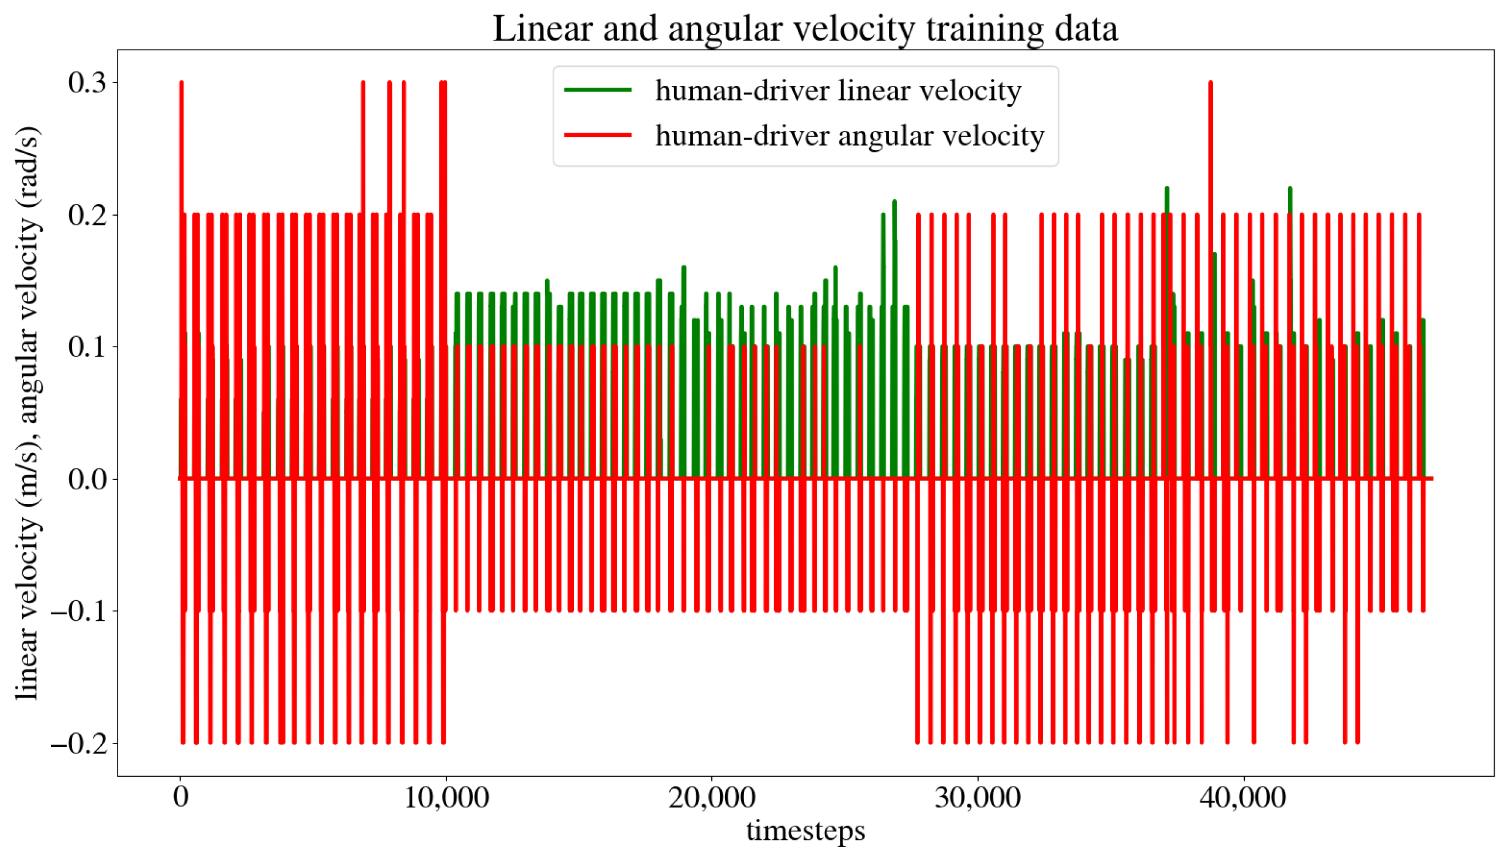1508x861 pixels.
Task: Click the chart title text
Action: [804, 28]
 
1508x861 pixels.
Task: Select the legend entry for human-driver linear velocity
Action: [838, 91]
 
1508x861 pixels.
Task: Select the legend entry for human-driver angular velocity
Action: [849, 136]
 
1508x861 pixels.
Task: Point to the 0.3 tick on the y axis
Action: [87, 82]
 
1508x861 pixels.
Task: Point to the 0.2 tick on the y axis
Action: [87, 215]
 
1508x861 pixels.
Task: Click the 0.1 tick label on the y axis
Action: [87, 347]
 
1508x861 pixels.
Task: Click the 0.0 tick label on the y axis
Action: [87, 478]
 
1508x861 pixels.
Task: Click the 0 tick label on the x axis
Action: [180, 798]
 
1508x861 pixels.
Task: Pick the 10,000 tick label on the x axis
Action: [446, 798]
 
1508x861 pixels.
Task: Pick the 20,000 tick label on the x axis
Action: [712, 798]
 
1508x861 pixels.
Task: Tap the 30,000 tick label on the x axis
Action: [977, 798]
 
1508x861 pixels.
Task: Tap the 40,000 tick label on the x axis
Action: [1242, 798]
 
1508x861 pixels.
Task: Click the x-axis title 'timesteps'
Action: [804, 831]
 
